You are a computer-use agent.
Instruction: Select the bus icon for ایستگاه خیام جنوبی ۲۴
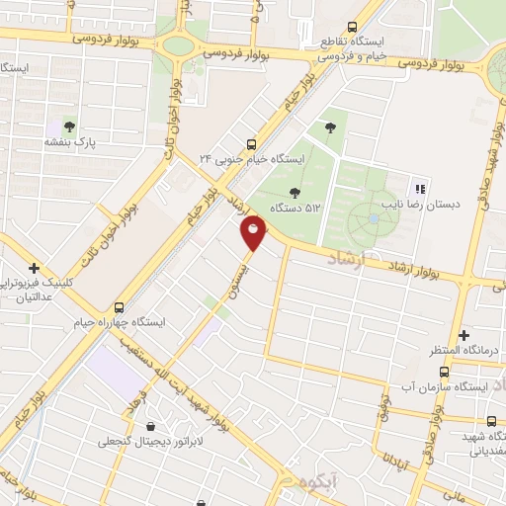click(x=252, y=141)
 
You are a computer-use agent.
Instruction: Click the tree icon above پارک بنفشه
click(x=69, y=126)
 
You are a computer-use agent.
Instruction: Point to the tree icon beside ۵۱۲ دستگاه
click(x=294, y=192)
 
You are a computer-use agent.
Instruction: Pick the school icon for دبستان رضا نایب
click(x=419, y=189)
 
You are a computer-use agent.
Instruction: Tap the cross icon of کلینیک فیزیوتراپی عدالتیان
click(x=35, y=267)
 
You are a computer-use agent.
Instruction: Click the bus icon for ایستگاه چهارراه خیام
click(x=120, y=306)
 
